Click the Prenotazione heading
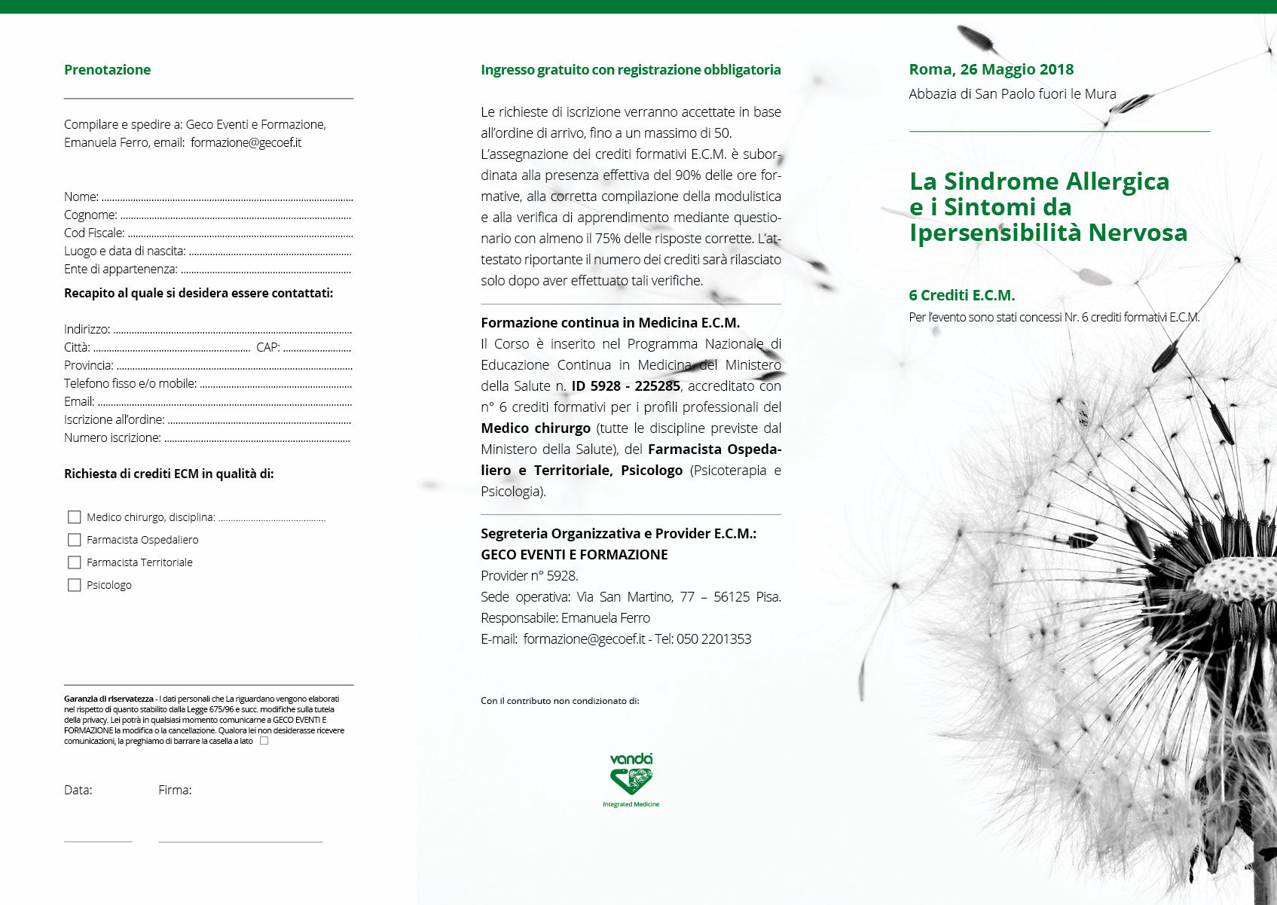click(107, 70)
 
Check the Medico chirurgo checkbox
click(75, 517)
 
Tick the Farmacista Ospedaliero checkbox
click(75, 540)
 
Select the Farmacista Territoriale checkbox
click(75, 562)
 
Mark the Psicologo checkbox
click(75, 585)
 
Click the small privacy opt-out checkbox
click(264, 741)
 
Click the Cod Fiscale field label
click(94, 233)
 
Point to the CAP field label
click(267, 348)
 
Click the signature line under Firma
click(240, 841)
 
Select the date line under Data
click(98, 841)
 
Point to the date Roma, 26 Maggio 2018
click(991, 70)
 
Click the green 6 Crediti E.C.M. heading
click(961, 296)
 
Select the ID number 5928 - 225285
click(625, 386)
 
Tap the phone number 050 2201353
click(713, 639)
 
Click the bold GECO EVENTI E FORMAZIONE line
click(574, 555)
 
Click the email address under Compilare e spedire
click(246, 143)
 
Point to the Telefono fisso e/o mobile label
click(130, 384)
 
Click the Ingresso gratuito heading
click(631, 70)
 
